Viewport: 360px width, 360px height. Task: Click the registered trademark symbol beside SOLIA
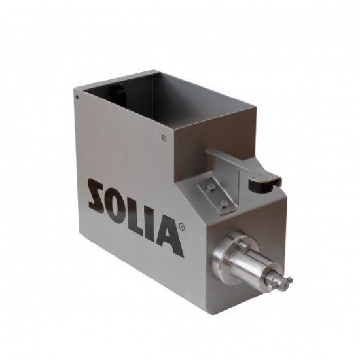[181, 227]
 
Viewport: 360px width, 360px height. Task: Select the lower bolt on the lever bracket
[224, 203]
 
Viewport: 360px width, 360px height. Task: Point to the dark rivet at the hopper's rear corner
[77, 98]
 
